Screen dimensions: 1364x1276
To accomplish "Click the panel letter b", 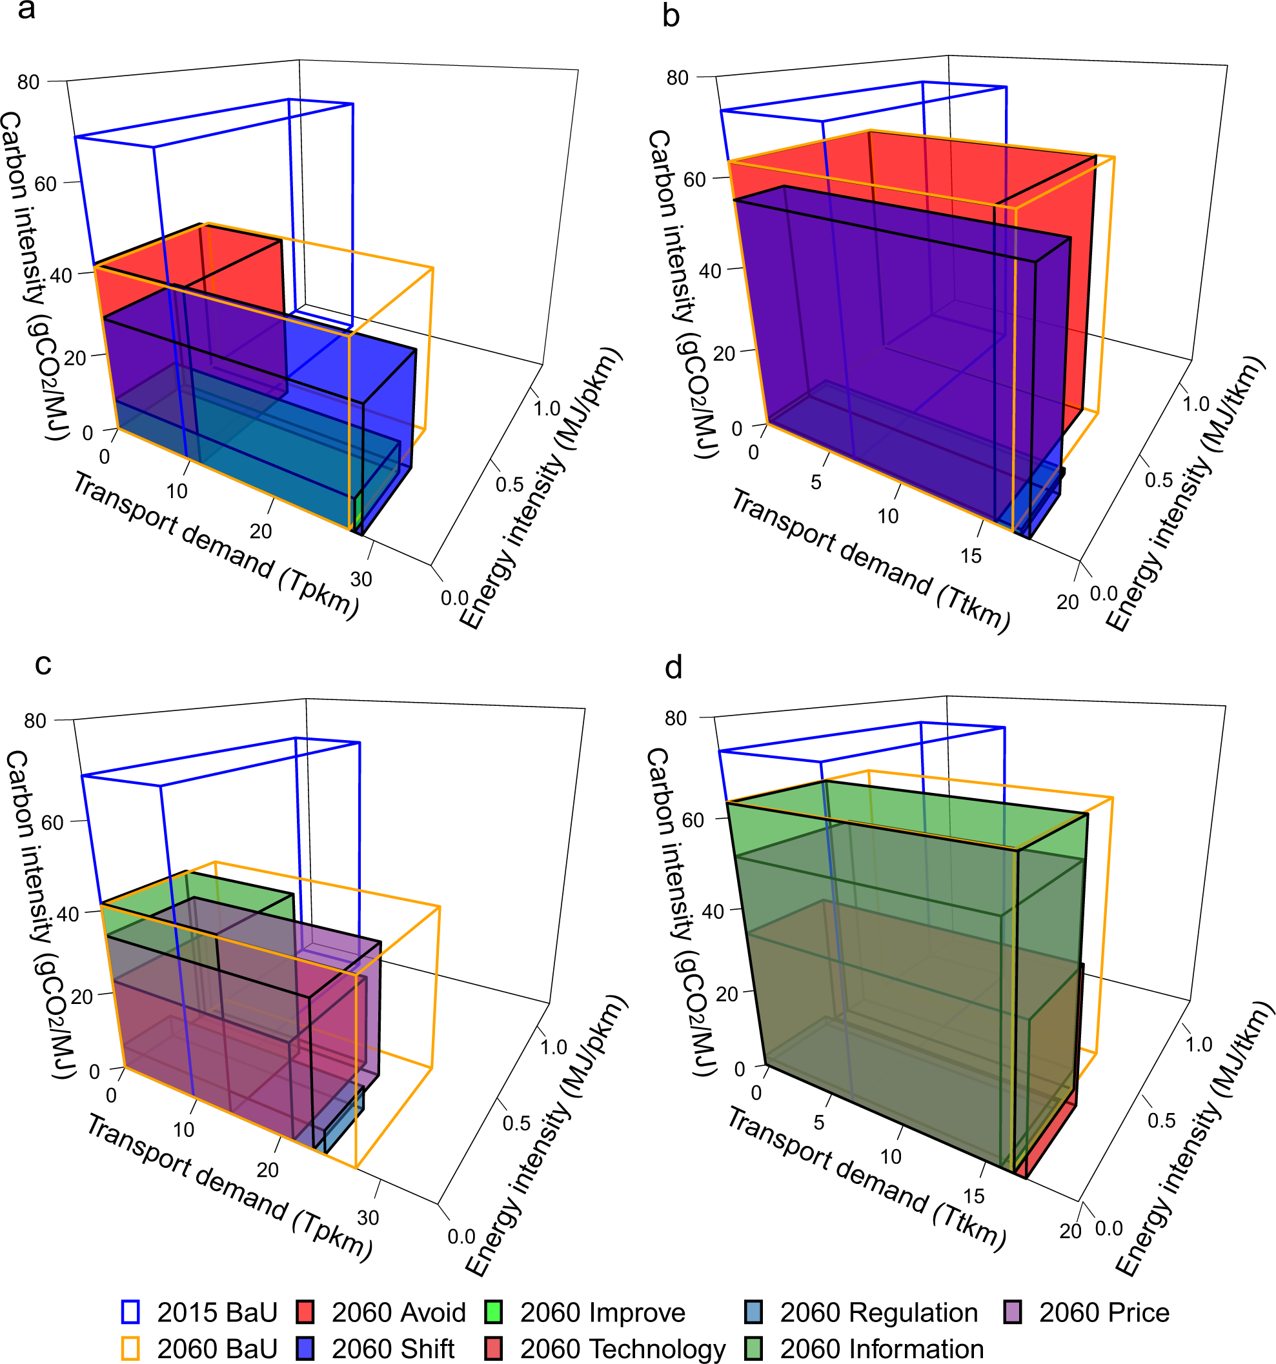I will click(x=671, y=15).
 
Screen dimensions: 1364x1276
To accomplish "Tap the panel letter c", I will click(x=43, y=663).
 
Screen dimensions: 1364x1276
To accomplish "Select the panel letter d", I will click(x=673, y=667).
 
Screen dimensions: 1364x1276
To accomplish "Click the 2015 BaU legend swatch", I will click(x=130, y=1312).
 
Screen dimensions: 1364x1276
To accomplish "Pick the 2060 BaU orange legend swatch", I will click(x=130, y=1349).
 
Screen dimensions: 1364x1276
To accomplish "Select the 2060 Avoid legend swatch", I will click(x=305, y=1312).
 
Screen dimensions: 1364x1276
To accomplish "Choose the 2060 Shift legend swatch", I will click(x=305, y=1349).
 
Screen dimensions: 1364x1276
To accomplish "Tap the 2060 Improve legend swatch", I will click(x=493, y=1312).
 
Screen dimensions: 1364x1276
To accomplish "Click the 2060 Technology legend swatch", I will click(x=493, y=1349).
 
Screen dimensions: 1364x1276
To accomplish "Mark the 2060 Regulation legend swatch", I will click(x=753, y=1312).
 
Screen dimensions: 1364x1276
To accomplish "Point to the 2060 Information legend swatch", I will click(x=753, y=1349).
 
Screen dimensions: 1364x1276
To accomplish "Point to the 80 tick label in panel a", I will click(x=28, y=83).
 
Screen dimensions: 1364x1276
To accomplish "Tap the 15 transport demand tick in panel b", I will click(x=971, y=556).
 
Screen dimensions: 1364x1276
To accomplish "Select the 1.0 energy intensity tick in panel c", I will click(x=553, y=1047).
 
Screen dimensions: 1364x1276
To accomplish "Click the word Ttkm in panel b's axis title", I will click(x=973, y=607).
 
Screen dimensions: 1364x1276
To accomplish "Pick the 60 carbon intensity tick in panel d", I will click(x=693, y=820).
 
